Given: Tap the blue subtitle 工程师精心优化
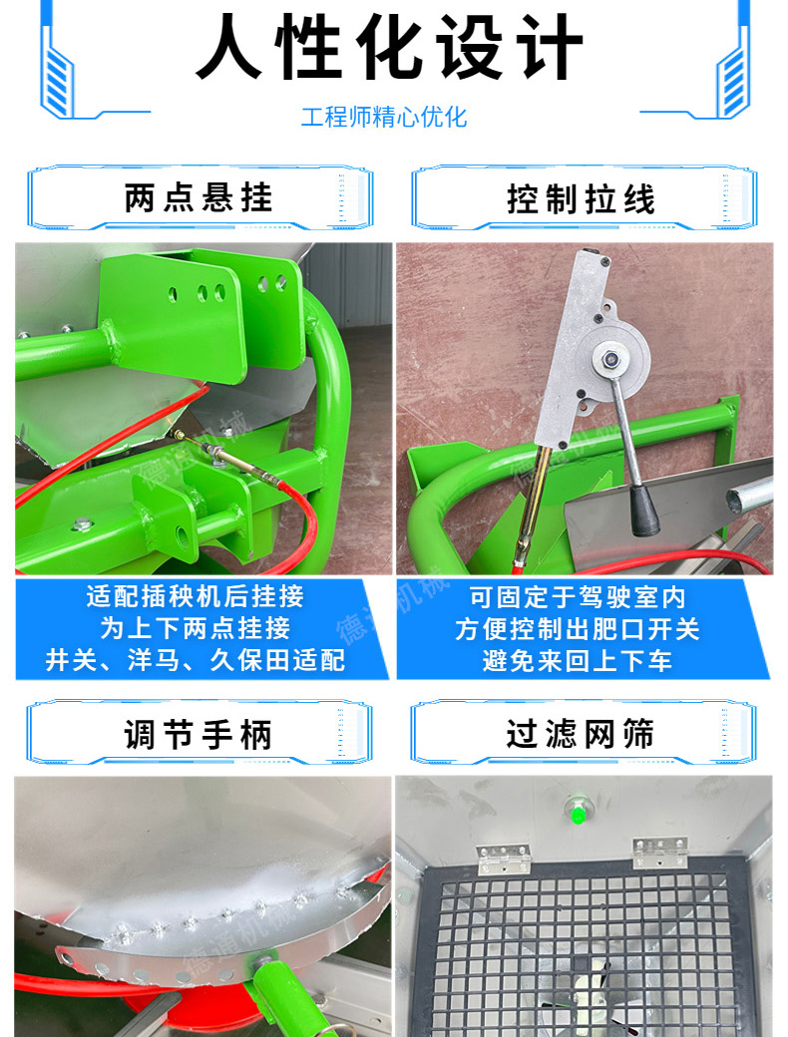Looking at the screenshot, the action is (384, 117).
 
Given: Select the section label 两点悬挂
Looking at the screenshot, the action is (198, 197).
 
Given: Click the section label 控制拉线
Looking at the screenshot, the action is (581, 199).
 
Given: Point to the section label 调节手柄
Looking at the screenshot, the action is (197, 735).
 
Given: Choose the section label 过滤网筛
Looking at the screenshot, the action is (581, 734).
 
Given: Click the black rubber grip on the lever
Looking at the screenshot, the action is (643, 510).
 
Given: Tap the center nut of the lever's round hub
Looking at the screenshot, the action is (610, 360).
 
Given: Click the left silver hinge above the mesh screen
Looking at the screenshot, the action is (504, 858).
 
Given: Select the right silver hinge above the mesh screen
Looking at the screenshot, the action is (660, 852).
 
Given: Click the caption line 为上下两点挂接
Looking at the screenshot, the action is (196, 627).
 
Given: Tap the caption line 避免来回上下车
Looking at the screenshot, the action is (577, 660).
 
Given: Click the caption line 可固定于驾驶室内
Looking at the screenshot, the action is (578, 597).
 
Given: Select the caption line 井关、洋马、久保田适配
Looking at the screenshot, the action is (196, 659).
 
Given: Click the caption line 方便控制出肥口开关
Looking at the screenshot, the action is (577, 629).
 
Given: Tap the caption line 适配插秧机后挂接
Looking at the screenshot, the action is (196, 596).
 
